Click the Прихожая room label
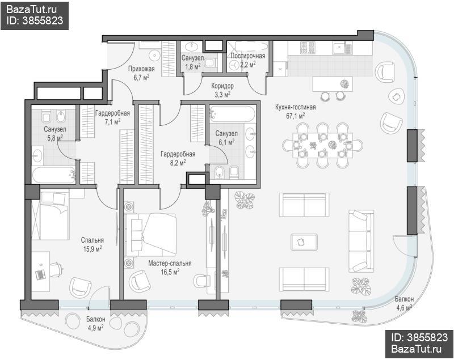[141, 69]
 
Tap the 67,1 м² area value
[295, 116]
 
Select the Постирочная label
[248, 56]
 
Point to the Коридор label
[222, 86]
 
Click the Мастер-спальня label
[170, 264]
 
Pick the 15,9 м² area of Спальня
[93, 249]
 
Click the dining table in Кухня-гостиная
[322, 145]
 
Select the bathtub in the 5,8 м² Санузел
[54, 175]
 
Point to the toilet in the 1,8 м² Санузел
[211, 62]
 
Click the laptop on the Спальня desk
[40, 274]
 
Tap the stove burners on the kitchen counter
[308, 48]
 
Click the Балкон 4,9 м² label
[95, 324]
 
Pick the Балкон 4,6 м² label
[404, 303]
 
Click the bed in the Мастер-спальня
[150, 235]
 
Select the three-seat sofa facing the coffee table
[361, 241]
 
